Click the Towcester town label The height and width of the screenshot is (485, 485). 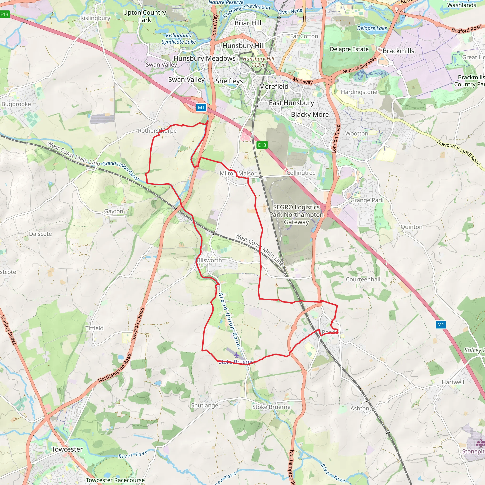67,449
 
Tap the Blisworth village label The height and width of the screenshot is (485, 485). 209,260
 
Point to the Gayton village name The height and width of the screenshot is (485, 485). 114,211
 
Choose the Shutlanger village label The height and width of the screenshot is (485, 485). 206,405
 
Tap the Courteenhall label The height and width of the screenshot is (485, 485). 363,279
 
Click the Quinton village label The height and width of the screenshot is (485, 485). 411,227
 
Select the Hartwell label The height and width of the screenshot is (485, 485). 453,382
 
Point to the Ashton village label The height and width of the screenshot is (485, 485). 360,409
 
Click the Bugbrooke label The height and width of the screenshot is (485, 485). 16,104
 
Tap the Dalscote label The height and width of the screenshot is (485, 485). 40,234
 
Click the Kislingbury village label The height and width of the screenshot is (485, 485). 95,18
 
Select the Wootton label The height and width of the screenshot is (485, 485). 357,134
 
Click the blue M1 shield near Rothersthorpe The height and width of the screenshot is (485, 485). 201,108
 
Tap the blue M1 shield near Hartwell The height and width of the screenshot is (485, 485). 440,325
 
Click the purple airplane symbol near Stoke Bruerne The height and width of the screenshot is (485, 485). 236,355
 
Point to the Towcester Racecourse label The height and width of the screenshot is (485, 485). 115,480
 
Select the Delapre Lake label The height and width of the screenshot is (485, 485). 372,28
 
